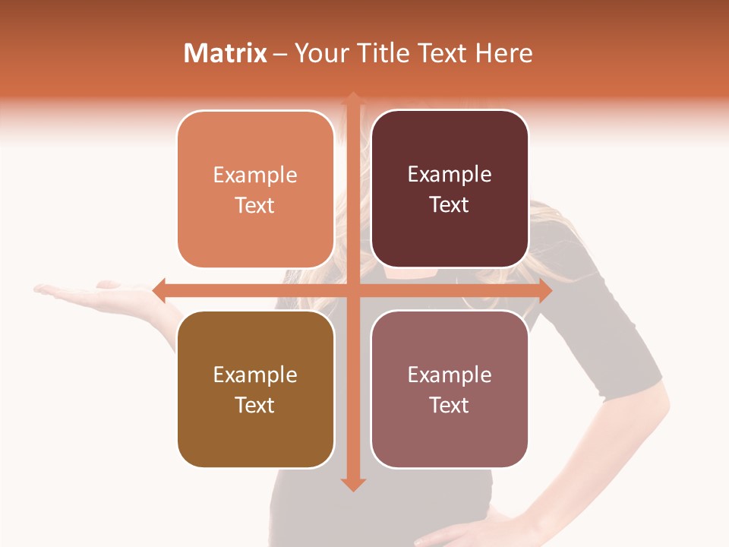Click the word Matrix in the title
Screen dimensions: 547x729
(x=226, y=53)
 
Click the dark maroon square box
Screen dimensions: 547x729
(x=450, y=189)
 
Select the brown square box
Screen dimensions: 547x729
(x=255, y=389)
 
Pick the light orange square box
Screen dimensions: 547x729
(x=255, y=189)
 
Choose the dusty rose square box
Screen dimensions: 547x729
(x=450, y=389)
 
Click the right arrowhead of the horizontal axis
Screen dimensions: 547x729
(x=544, y=290)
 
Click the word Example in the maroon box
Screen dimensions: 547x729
(x=450, y=175)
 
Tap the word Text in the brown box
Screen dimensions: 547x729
(x=255, y=405)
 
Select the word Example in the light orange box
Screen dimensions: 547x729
(x=255, y=175)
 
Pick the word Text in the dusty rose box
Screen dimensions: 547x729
(x=450, y=405)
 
